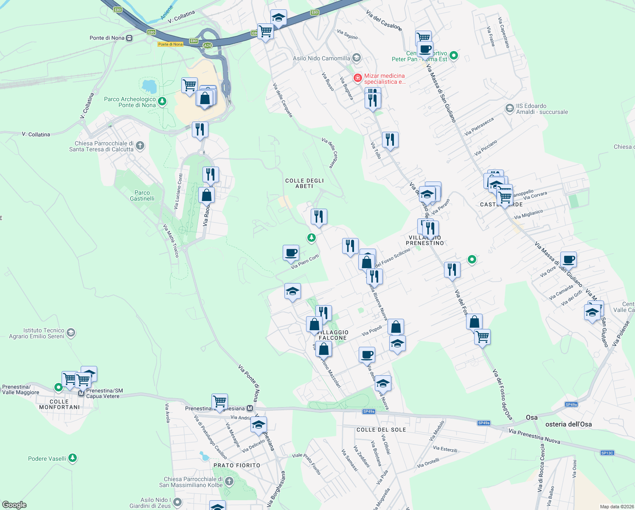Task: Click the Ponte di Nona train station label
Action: point(107,38)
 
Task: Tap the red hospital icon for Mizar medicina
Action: point(358,78)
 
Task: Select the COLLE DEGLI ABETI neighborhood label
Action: point(304,183)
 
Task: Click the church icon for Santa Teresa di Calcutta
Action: point(140,146)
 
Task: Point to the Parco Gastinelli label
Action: point(142,195)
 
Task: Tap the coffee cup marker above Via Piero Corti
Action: point(291,253)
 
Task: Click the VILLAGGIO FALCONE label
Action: point(333,335)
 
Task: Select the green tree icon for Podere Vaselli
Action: point(73,458)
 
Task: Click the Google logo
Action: point(14,505)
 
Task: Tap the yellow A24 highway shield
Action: point(207,45)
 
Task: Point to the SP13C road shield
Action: point(607,453)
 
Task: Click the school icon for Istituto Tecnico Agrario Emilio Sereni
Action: point(71,332)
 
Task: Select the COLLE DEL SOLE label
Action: point(381,430)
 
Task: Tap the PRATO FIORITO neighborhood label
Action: point(236,465)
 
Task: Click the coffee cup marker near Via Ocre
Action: point(568,259)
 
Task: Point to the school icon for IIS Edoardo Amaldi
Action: point(509,108)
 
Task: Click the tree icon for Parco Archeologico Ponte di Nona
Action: point(162,102)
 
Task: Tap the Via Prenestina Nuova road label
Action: point(534,436)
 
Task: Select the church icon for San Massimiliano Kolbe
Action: point(229,482)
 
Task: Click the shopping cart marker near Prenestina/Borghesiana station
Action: point(219,401)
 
